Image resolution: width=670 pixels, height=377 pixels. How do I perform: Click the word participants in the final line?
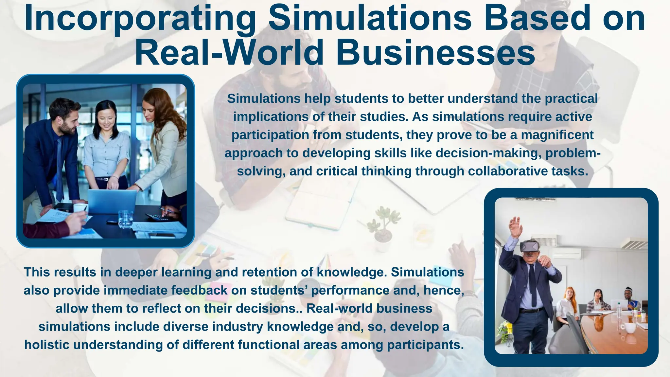pyautogui.click(x=425, y=345)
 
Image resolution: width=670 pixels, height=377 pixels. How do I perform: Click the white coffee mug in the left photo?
pyautogui.click(x=80, y=208)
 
